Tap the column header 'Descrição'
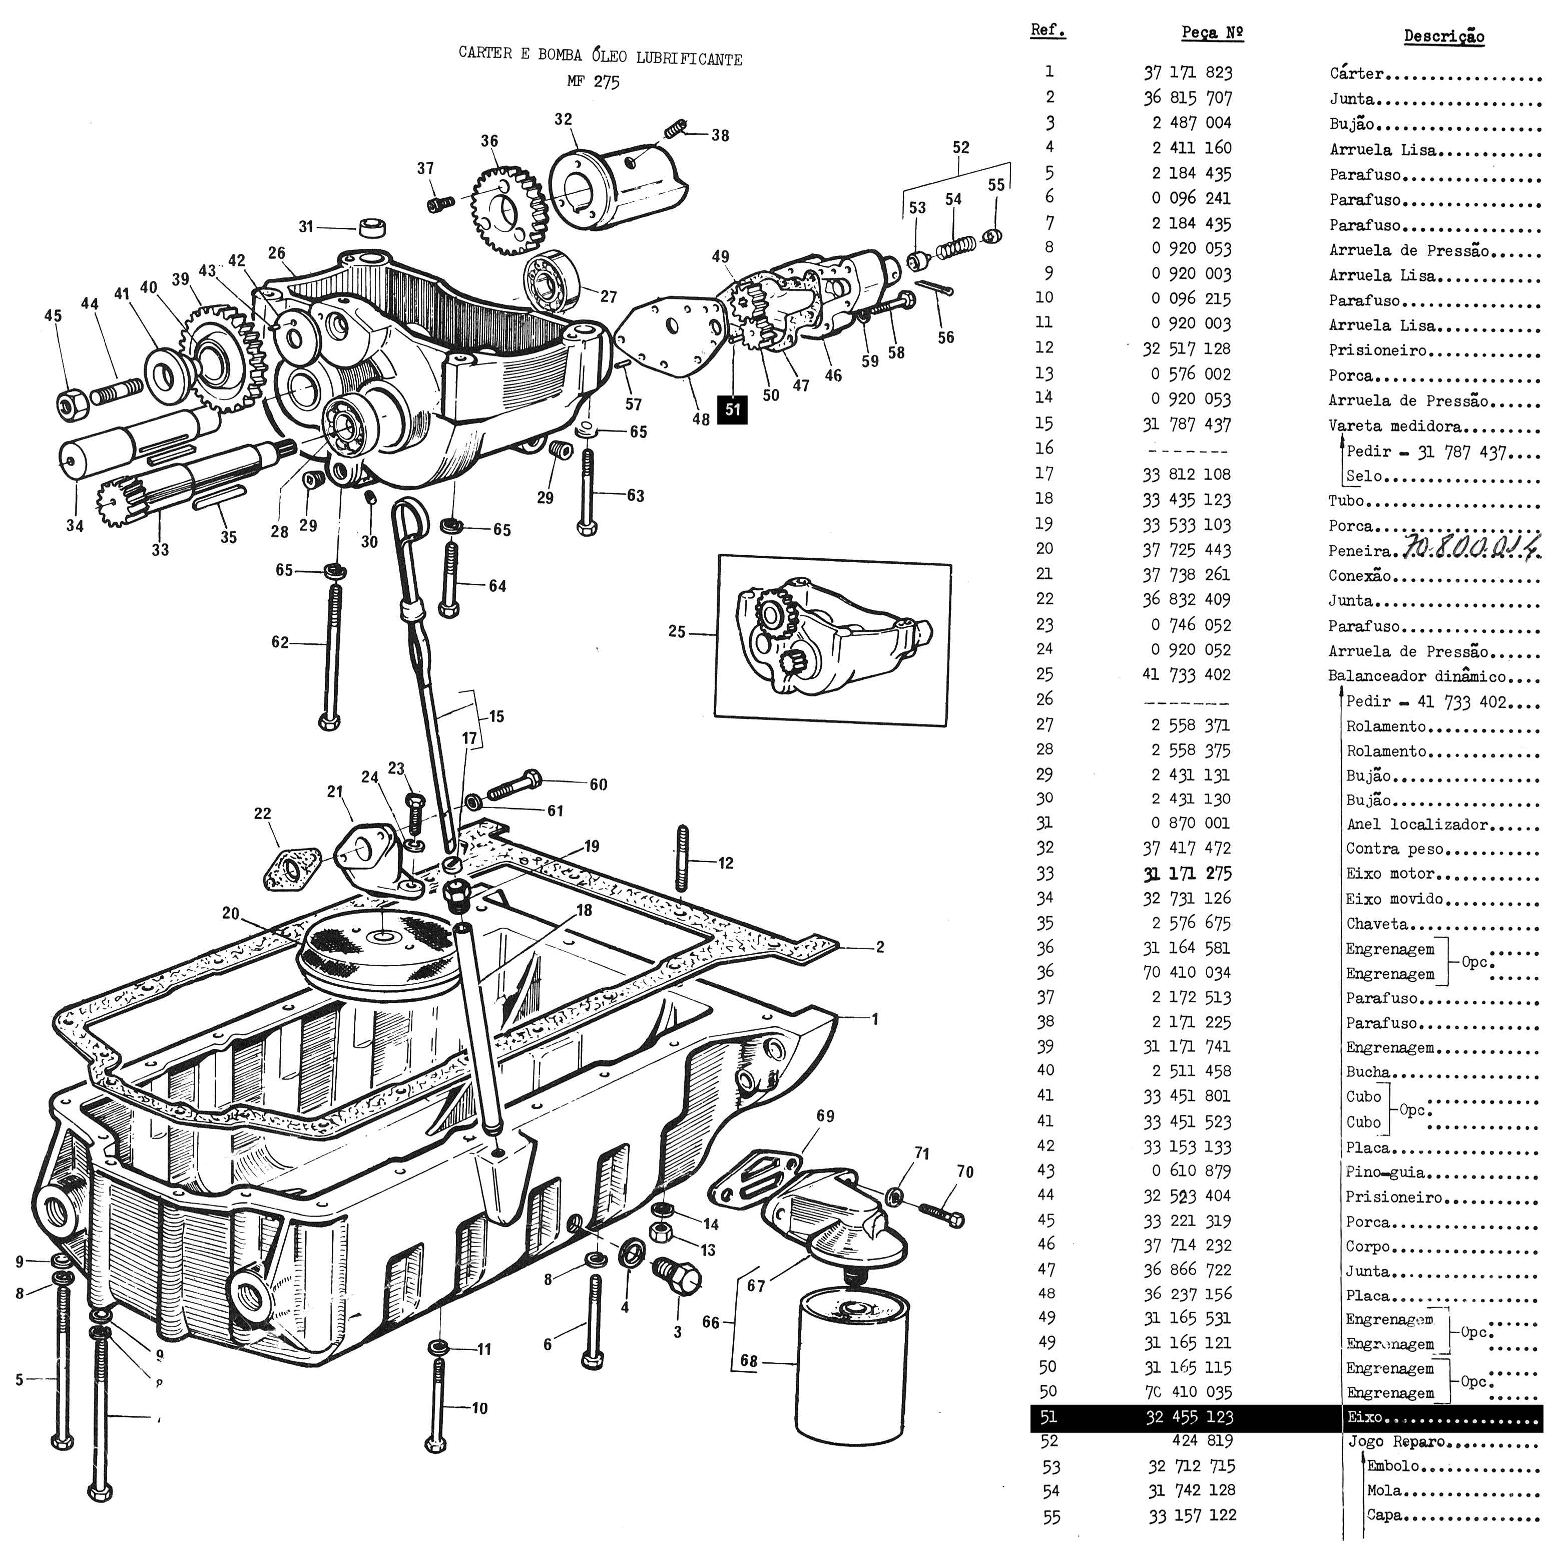[x=1444, y=37]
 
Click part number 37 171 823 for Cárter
[x=1188, y=73]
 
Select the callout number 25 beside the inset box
[x=677, y=631]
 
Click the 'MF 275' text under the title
[x=593, y=82]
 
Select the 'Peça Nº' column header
[x=1213, y=33]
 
